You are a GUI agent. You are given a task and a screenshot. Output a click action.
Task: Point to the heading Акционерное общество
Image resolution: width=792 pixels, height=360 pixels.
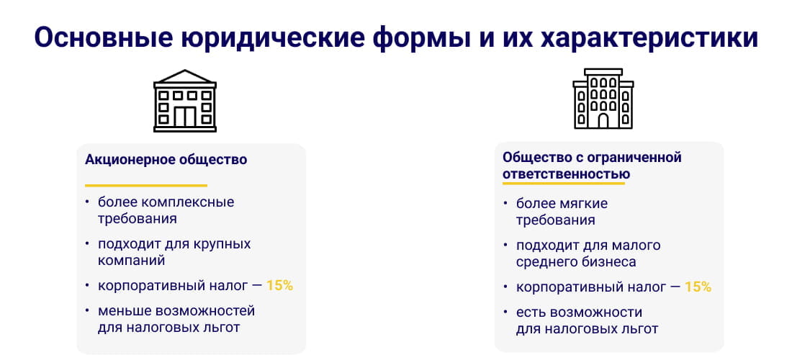click(x=166, y=160)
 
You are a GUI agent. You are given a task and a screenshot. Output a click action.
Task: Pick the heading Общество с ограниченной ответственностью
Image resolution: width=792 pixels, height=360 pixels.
click(x=591, y=166)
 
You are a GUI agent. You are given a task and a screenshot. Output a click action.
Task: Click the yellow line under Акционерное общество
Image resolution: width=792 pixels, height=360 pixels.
click(x=146, y=185)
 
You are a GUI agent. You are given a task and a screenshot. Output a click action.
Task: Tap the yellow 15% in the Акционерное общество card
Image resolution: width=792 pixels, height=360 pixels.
click(x=279, y=285)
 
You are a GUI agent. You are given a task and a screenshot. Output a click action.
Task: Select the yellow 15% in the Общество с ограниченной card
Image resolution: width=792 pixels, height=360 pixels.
click(x=698, y=287)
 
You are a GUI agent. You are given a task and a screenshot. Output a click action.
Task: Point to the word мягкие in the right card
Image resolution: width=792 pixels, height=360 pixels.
click(x=584, y=204)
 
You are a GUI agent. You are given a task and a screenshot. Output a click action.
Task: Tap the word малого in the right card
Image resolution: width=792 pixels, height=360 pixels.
click(x=636, y=246)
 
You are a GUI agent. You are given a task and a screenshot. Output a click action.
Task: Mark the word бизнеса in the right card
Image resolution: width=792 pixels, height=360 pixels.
click(x=611, y=262)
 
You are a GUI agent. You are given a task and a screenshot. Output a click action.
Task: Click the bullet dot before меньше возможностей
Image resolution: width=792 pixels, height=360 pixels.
click(x=87, y=311)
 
